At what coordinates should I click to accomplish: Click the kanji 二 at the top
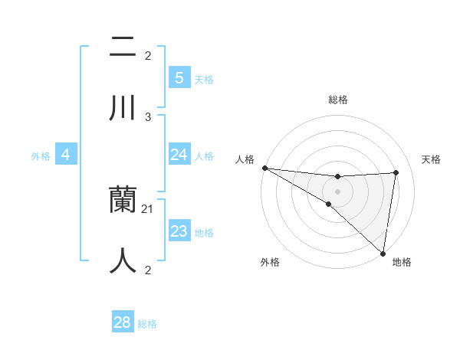(x=123, y=47)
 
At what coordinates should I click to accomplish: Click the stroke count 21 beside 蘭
(x=148, y=209)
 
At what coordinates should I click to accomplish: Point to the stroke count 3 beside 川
(x=148, y=116)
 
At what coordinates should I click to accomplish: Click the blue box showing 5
(x=179, y=77)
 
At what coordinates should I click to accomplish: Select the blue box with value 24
(x=179, y=155)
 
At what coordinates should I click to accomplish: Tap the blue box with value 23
(x=179, y=231)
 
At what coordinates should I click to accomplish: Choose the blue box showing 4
(x=66, y=155)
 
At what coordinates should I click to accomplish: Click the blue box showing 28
(x=123, y=322)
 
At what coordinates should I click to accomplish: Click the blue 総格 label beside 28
(x=147, y=324)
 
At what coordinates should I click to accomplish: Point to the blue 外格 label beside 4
(x=41, y=156)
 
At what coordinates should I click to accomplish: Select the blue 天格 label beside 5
(x=204, y=79)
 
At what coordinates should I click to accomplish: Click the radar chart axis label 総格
(x=338, y=100)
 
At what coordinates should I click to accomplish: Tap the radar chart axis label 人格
(x=245, y=159)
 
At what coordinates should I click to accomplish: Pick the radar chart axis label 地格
(x=402, y=262)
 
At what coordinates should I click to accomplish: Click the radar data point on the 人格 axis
(x=264, y=168)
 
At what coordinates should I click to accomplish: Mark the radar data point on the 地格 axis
(x=383, y=253)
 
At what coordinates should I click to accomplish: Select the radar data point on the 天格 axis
(x=396, y=172)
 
